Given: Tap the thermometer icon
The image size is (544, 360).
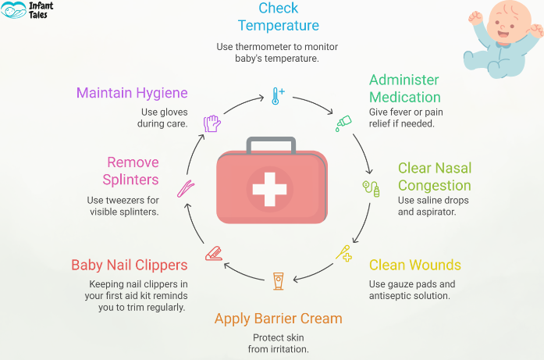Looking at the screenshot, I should pyautogui.click(x=277, y=96).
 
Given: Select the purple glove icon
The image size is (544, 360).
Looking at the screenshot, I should pyautogui.click(x=212, y=123).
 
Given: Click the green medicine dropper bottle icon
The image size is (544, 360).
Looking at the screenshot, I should pyautogui.click(x=342, y=123).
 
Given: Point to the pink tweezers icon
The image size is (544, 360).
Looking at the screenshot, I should pyautogui.click(x=186, y=188).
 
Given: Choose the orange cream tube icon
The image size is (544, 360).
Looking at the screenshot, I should pyautogui.click(x=278, y=279).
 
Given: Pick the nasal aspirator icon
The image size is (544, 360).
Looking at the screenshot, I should pyautogui.click(x=370, y=188).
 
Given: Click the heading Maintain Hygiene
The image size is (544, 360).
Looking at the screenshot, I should pyautogui.click(x=132, y=93).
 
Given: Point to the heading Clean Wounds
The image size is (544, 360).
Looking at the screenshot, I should pyautogui.click(x=414, y=265).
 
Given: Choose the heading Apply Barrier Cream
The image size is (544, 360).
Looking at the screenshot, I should pyautogui.click(x=279, y=319).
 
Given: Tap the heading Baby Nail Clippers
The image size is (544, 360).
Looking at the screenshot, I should pyautogui.click(x=129, y=265).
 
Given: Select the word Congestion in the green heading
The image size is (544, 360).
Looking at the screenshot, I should pyautogui.click(x=434, y=186).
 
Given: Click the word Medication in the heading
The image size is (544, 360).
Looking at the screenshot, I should pyautogui.click(x=405, y=98).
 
